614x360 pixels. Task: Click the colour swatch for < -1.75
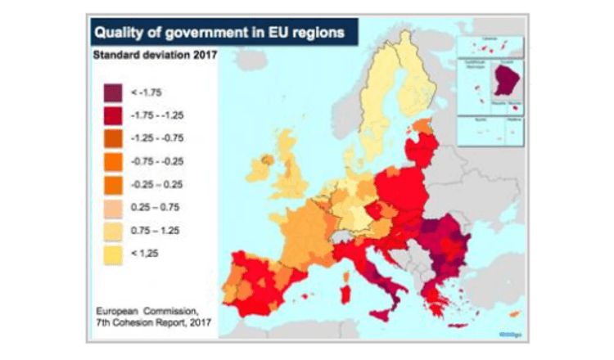tap(113, 92)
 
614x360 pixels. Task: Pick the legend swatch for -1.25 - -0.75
tap(113, 137)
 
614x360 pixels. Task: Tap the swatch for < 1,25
tap(113, 254)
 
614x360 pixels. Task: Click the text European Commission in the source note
tap(151, 311)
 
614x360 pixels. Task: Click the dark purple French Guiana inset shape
tap(505, 82)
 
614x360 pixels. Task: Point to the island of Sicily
tap(384, 312)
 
